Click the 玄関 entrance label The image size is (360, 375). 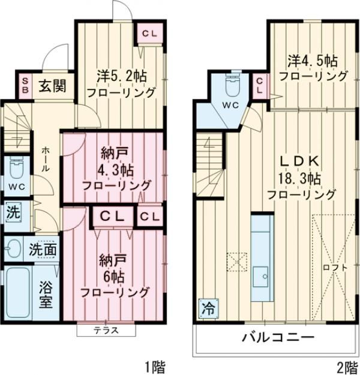(53, 85)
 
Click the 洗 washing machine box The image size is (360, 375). (13, 212)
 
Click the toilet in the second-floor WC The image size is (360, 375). (231, 88)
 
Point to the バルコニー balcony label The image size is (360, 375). (278, 337)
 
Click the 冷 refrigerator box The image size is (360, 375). (208, 310)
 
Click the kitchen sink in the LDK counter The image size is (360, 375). (262, 277)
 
